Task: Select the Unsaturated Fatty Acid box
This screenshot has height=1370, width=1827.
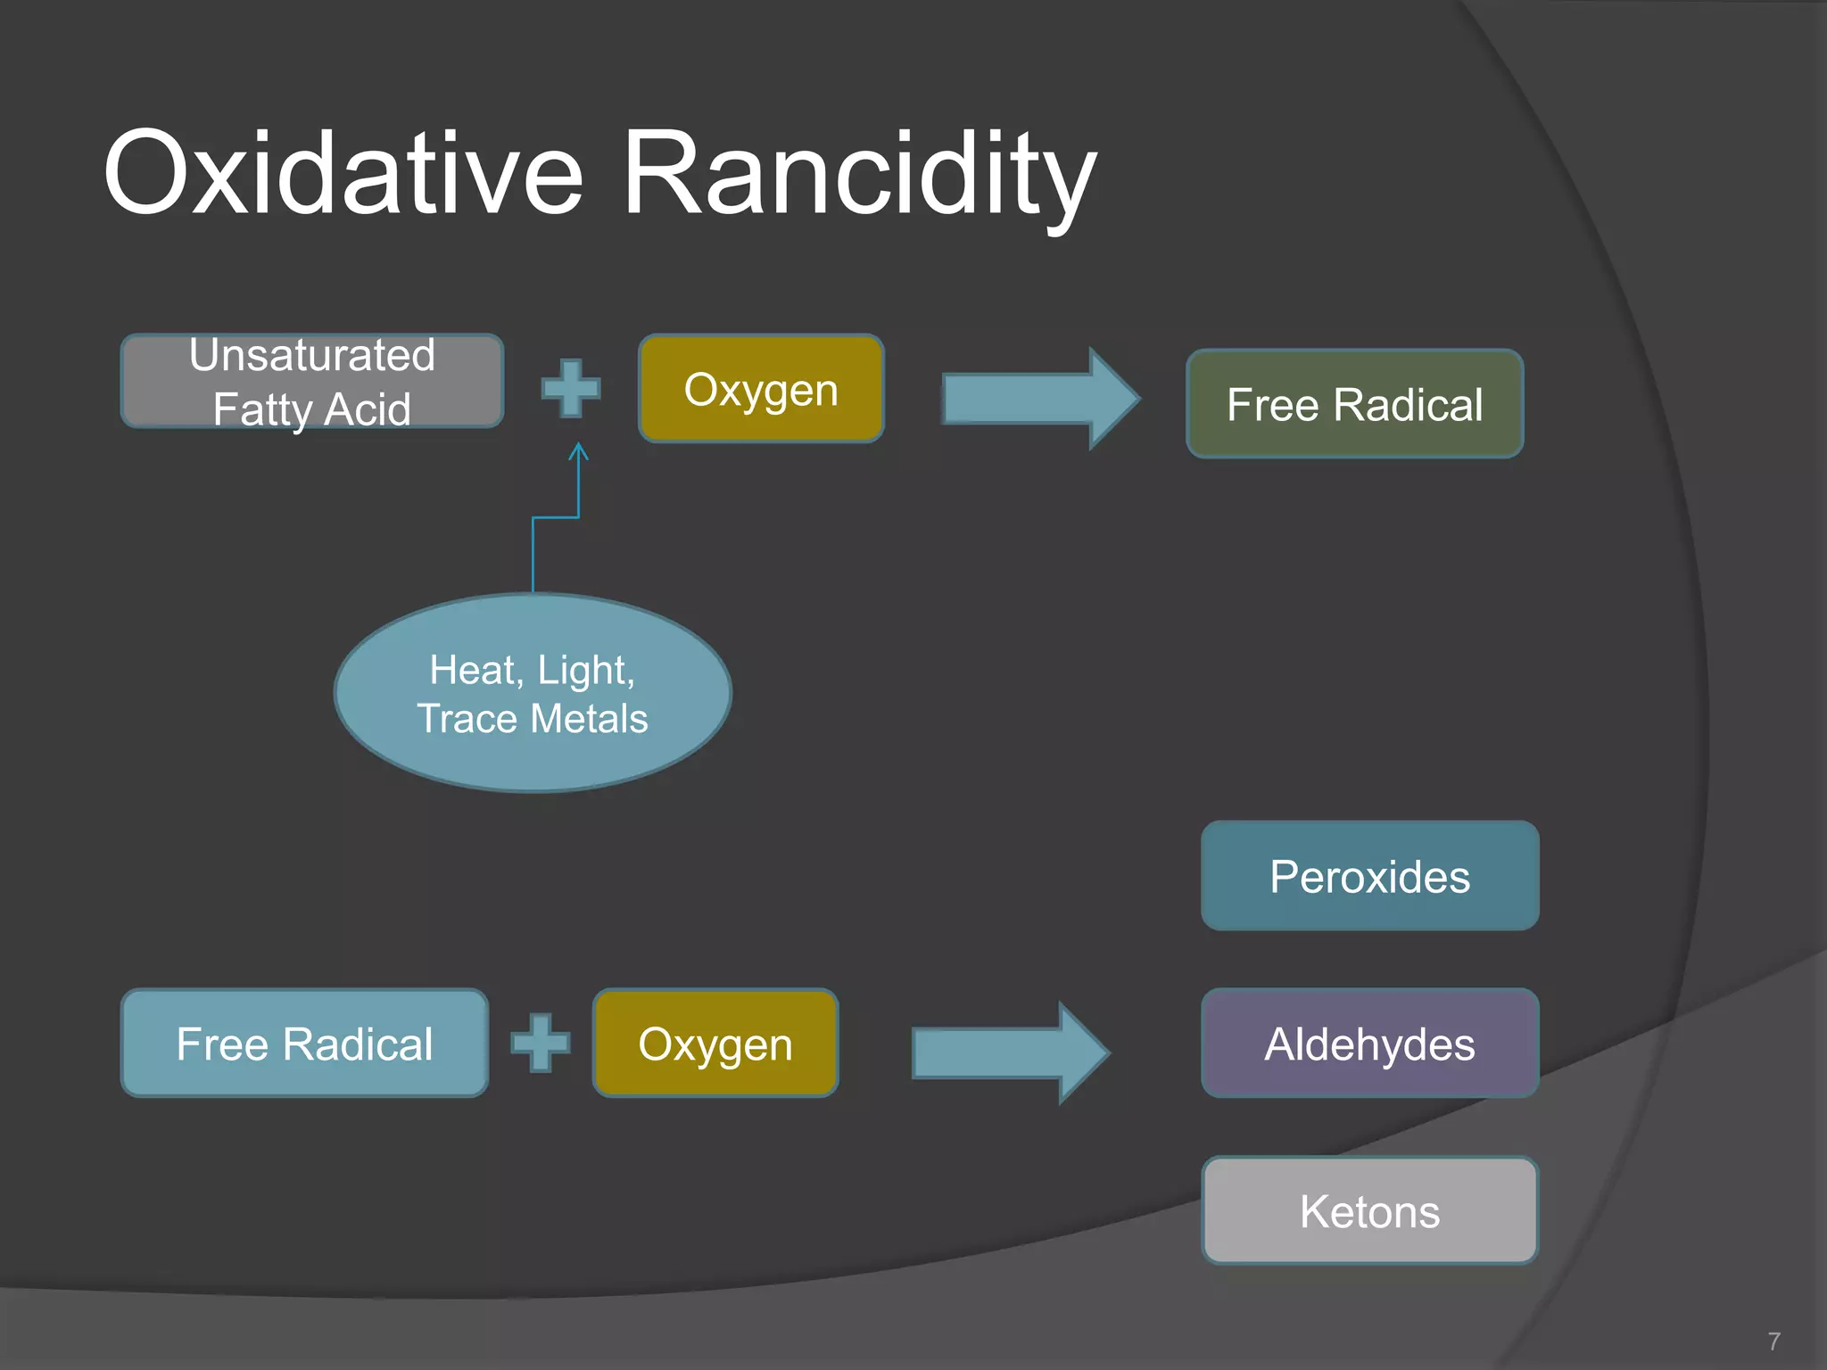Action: [312, 382]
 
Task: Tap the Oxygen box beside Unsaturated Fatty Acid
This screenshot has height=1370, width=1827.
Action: [761, 389]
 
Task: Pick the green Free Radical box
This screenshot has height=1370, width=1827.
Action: [1354, 404]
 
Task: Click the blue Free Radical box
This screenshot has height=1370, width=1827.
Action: [304, 1043]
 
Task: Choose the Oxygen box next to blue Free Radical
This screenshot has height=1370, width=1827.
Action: [715, 1043]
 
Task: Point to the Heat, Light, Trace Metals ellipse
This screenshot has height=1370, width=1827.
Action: [533, 693]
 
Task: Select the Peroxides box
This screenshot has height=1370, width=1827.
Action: [1369, 876]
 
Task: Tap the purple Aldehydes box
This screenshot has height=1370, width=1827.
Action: [1369, 1043]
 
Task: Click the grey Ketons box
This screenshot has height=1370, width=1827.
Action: [1369, 1210]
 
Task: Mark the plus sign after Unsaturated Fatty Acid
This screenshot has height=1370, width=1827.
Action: [571, 388]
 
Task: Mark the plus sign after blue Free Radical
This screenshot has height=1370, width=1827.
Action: [541, 1043]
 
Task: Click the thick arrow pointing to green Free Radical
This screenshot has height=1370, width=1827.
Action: [1040, 398]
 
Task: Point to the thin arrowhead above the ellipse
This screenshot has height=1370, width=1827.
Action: [579, 451]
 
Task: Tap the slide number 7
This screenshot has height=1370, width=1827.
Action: [1773, 1341]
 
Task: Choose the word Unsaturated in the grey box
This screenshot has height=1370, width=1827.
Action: [312, 355]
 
